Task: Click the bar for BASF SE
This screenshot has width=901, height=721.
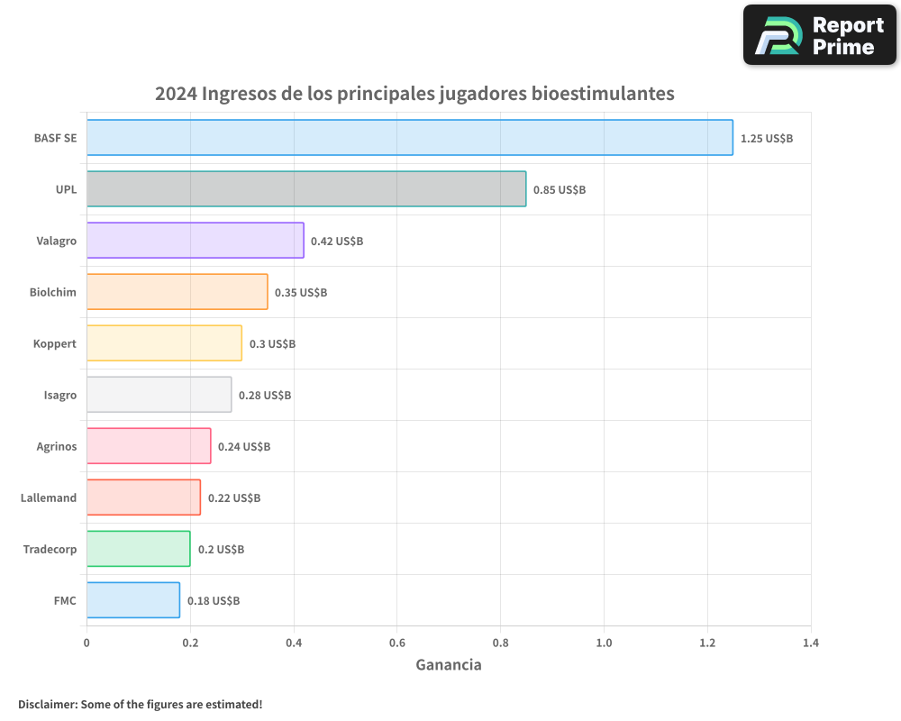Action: pos(410,138)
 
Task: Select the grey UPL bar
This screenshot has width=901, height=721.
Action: pos(306,189)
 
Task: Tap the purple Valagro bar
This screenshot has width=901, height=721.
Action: pos(196,241)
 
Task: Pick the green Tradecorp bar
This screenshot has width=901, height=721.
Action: pos(139,549)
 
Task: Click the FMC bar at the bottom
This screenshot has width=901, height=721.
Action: pos(133,600)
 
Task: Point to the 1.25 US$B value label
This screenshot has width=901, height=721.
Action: pos(766,139)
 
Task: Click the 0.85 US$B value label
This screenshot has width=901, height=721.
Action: pos(559,190)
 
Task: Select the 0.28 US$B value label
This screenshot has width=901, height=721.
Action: pos(265,396)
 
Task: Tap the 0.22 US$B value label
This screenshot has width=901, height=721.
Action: pos(234,498)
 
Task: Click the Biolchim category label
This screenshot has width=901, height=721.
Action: pos(53,292)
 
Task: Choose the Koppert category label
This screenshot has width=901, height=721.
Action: pos(55,343)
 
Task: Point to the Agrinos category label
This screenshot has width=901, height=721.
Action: pos(57,446)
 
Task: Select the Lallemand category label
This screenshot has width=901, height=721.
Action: pos(49,497)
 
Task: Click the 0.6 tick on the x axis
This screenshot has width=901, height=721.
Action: pos(397,643)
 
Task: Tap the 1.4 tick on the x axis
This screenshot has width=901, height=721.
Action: pos(811,643)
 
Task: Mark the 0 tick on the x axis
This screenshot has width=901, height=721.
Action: pos(86,643)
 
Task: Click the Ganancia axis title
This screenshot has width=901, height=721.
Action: pos(449,665)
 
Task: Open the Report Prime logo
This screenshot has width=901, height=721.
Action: pos(820,35)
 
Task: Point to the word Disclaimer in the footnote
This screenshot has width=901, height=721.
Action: pos(46,704)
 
